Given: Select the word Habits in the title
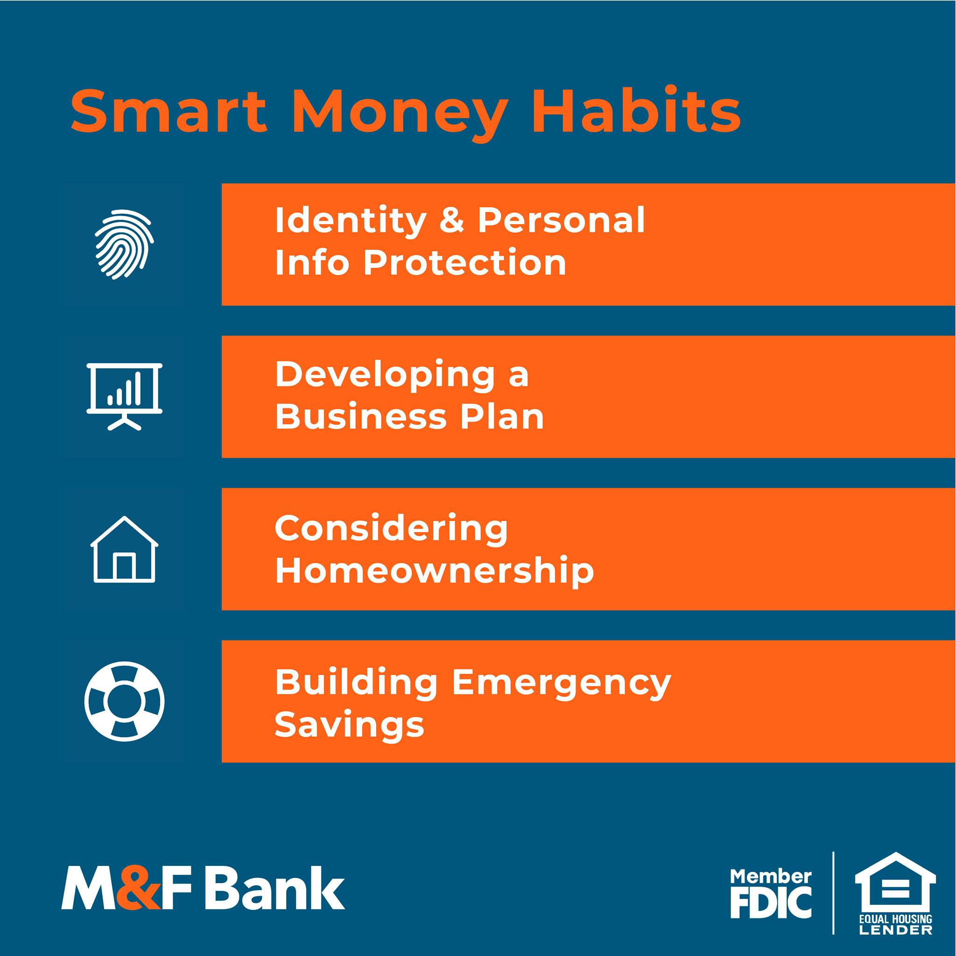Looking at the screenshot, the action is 636,109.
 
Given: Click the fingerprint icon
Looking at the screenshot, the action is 124,244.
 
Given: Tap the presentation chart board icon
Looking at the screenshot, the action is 124,397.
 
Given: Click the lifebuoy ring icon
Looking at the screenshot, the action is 124,702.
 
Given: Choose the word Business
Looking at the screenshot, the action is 361,417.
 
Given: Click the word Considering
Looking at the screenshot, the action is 391,530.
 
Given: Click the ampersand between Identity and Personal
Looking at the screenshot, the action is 452,221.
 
